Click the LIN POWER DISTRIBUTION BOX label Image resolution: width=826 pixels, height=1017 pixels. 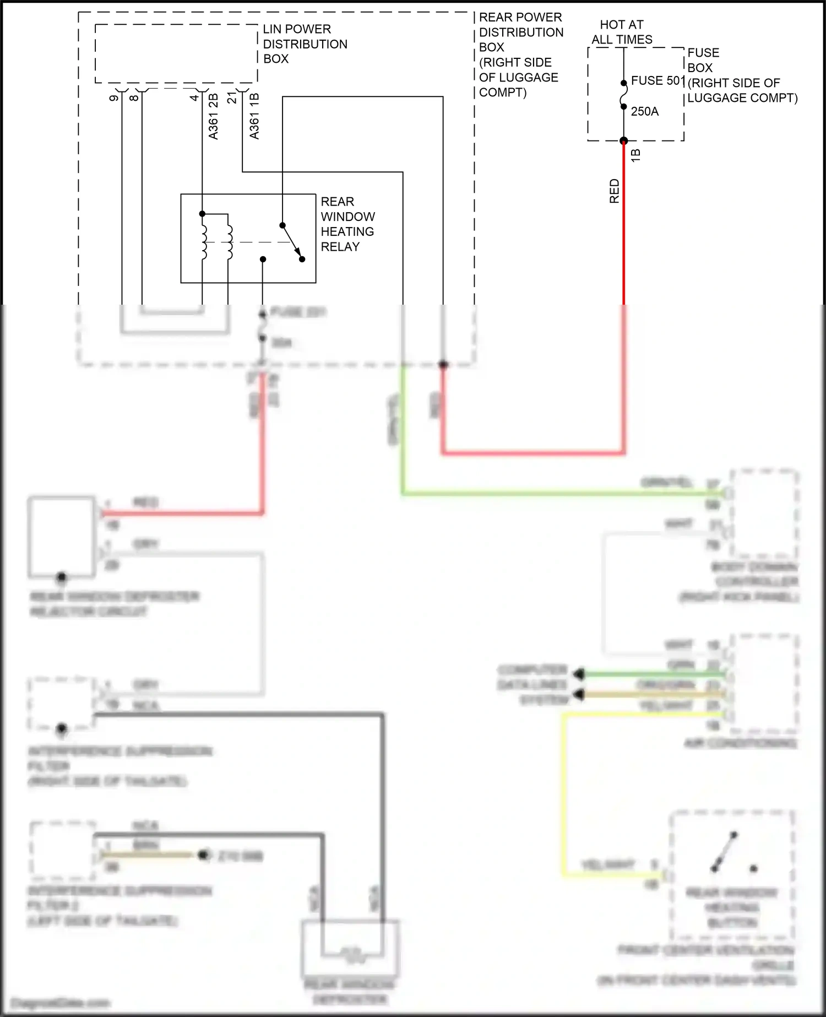pyautogui.click(x=305, y=44)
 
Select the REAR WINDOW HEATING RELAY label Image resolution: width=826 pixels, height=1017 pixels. pyautogui.click(x=347, y=224)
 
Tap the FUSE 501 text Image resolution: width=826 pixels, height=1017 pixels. pyautogui.click(x=656, y=80)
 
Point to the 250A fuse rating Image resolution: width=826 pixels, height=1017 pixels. pyautogui.click(x=644, y=111)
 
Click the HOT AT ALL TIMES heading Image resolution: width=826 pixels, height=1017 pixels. pyautogui.click(x=622, y=32)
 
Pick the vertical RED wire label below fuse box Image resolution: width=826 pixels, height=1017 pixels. pyautogui.click(x=615, y=191)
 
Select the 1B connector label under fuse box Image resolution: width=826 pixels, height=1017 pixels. pyautogui.click(x=635, y=155)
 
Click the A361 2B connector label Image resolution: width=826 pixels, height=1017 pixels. pyautogui.click(x=214, y=116)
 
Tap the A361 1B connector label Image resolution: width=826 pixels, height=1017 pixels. pyautogui.click(x=254, y=116)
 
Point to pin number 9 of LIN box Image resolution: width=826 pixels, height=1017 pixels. pyautogui.click(x=114, y=98)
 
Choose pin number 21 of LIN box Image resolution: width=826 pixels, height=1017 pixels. pyautogui.click(x=232, y=98)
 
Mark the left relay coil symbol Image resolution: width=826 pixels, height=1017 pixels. pyautogui.click(x=204, y=241)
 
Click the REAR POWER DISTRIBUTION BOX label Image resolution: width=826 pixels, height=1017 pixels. pyautogui.click(x=520, y=55)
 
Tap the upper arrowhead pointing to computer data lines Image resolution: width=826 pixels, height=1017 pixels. pyautogui.click(x=578, y=674)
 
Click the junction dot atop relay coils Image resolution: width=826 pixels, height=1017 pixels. pyautogui.click(x=202, y=214)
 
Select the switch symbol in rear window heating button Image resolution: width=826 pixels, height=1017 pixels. pyautogui.click(x=725, y=852)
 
